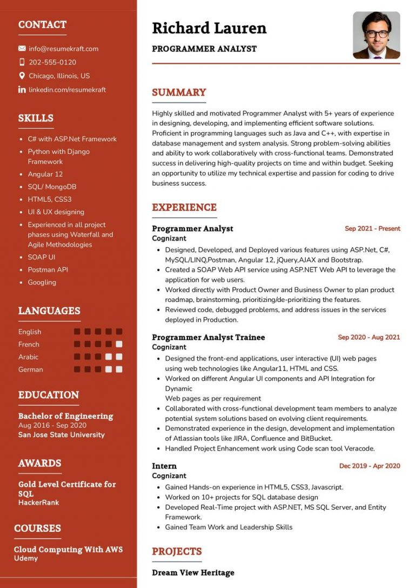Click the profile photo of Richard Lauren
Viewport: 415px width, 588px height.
[376, 35]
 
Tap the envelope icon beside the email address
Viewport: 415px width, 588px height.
[22, 49]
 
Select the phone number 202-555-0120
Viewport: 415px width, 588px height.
[52, 62]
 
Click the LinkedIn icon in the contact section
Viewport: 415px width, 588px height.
[22, 89]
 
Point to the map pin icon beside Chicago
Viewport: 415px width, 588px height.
[22, 76]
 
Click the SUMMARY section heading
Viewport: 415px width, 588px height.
[179, 93]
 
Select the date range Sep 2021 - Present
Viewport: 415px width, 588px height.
[372, 229]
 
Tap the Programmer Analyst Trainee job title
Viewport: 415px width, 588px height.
[208, 338]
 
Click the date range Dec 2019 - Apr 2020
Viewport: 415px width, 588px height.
[370, 466]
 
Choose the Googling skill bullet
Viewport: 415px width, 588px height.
[42, 282]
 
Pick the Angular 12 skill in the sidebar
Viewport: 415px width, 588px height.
[45, 174]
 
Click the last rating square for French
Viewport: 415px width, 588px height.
[119, 344]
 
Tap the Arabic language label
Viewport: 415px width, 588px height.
[29, 357]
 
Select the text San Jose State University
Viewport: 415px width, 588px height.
[62, 435]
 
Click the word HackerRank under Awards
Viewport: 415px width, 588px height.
[39, 503]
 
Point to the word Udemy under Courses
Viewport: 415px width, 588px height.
[26, 558]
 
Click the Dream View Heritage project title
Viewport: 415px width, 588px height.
[193, 572]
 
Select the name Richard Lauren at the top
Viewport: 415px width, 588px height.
[209, 28]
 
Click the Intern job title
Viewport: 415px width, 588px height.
[164, 466]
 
